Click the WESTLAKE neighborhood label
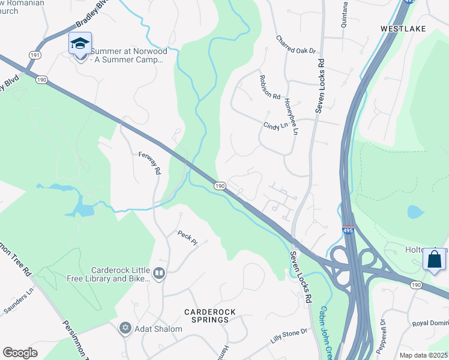(403, 28)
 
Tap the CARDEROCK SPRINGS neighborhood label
(206, 316)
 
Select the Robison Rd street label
(270, 88)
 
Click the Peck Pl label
(187, 238)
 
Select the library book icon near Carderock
(158, 274)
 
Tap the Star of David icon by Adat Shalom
(125, 328)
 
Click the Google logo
(20, 353)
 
